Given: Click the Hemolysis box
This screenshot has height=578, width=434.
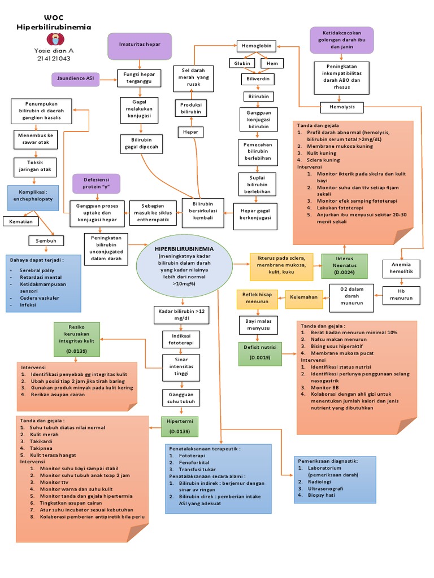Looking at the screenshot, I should click(342, 107).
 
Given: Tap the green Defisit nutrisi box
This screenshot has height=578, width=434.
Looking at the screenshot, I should click(260, 352).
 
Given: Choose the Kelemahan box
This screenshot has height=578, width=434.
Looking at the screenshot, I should click(304, 297).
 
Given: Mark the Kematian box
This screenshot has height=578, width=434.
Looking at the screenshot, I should click(20, 222).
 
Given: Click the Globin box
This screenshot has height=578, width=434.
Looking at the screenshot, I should click(242, 64).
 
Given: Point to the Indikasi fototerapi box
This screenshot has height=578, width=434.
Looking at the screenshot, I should click(177, 339).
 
